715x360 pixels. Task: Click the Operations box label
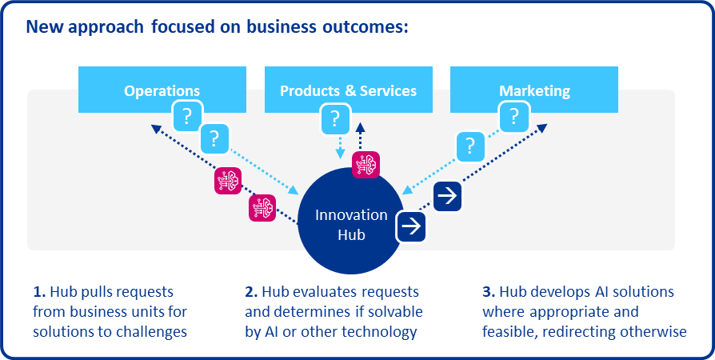tap(162, 90)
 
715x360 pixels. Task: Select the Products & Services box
tap(348, 90)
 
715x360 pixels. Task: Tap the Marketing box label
tap(534, 90)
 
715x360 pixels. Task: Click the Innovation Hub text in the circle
tap(351, 225)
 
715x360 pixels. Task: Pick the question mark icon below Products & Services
tap(334, 118)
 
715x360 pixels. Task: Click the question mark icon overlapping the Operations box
tap(186, 117)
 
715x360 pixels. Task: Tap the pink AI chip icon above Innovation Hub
tap(366, 164)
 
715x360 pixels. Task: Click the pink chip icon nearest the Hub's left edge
tap(262, 208)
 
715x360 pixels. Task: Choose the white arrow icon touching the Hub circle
tap(411, 226)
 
